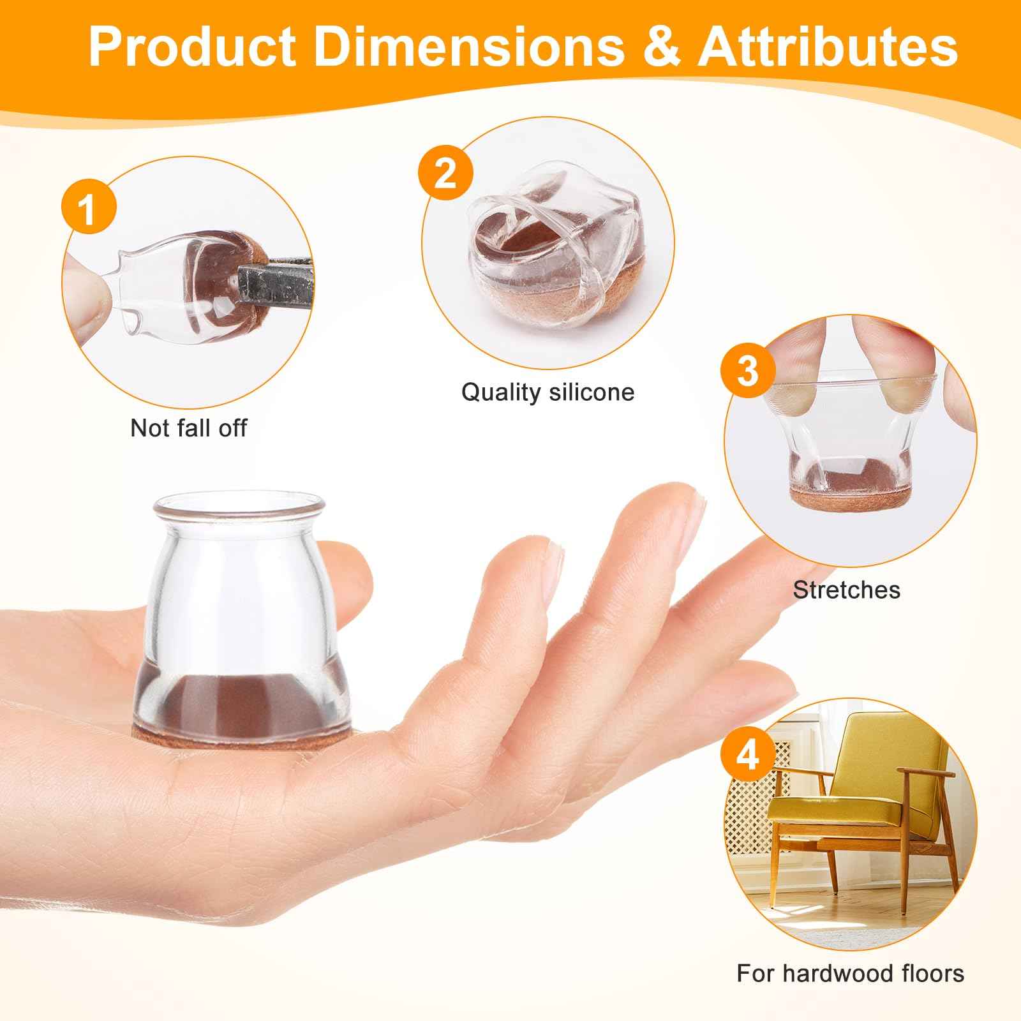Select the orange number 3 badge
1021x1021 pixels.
click(x=747, y=370)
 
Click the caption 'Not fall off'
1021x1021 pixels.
click(x=188, y=428)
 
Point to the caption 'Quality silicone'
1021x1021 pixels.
click(x=548, y=392)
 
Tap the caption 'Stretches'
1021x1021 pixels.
click(x=846, y=590)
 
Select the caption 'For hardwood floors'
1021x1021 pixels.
click(x=850, y=974)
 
